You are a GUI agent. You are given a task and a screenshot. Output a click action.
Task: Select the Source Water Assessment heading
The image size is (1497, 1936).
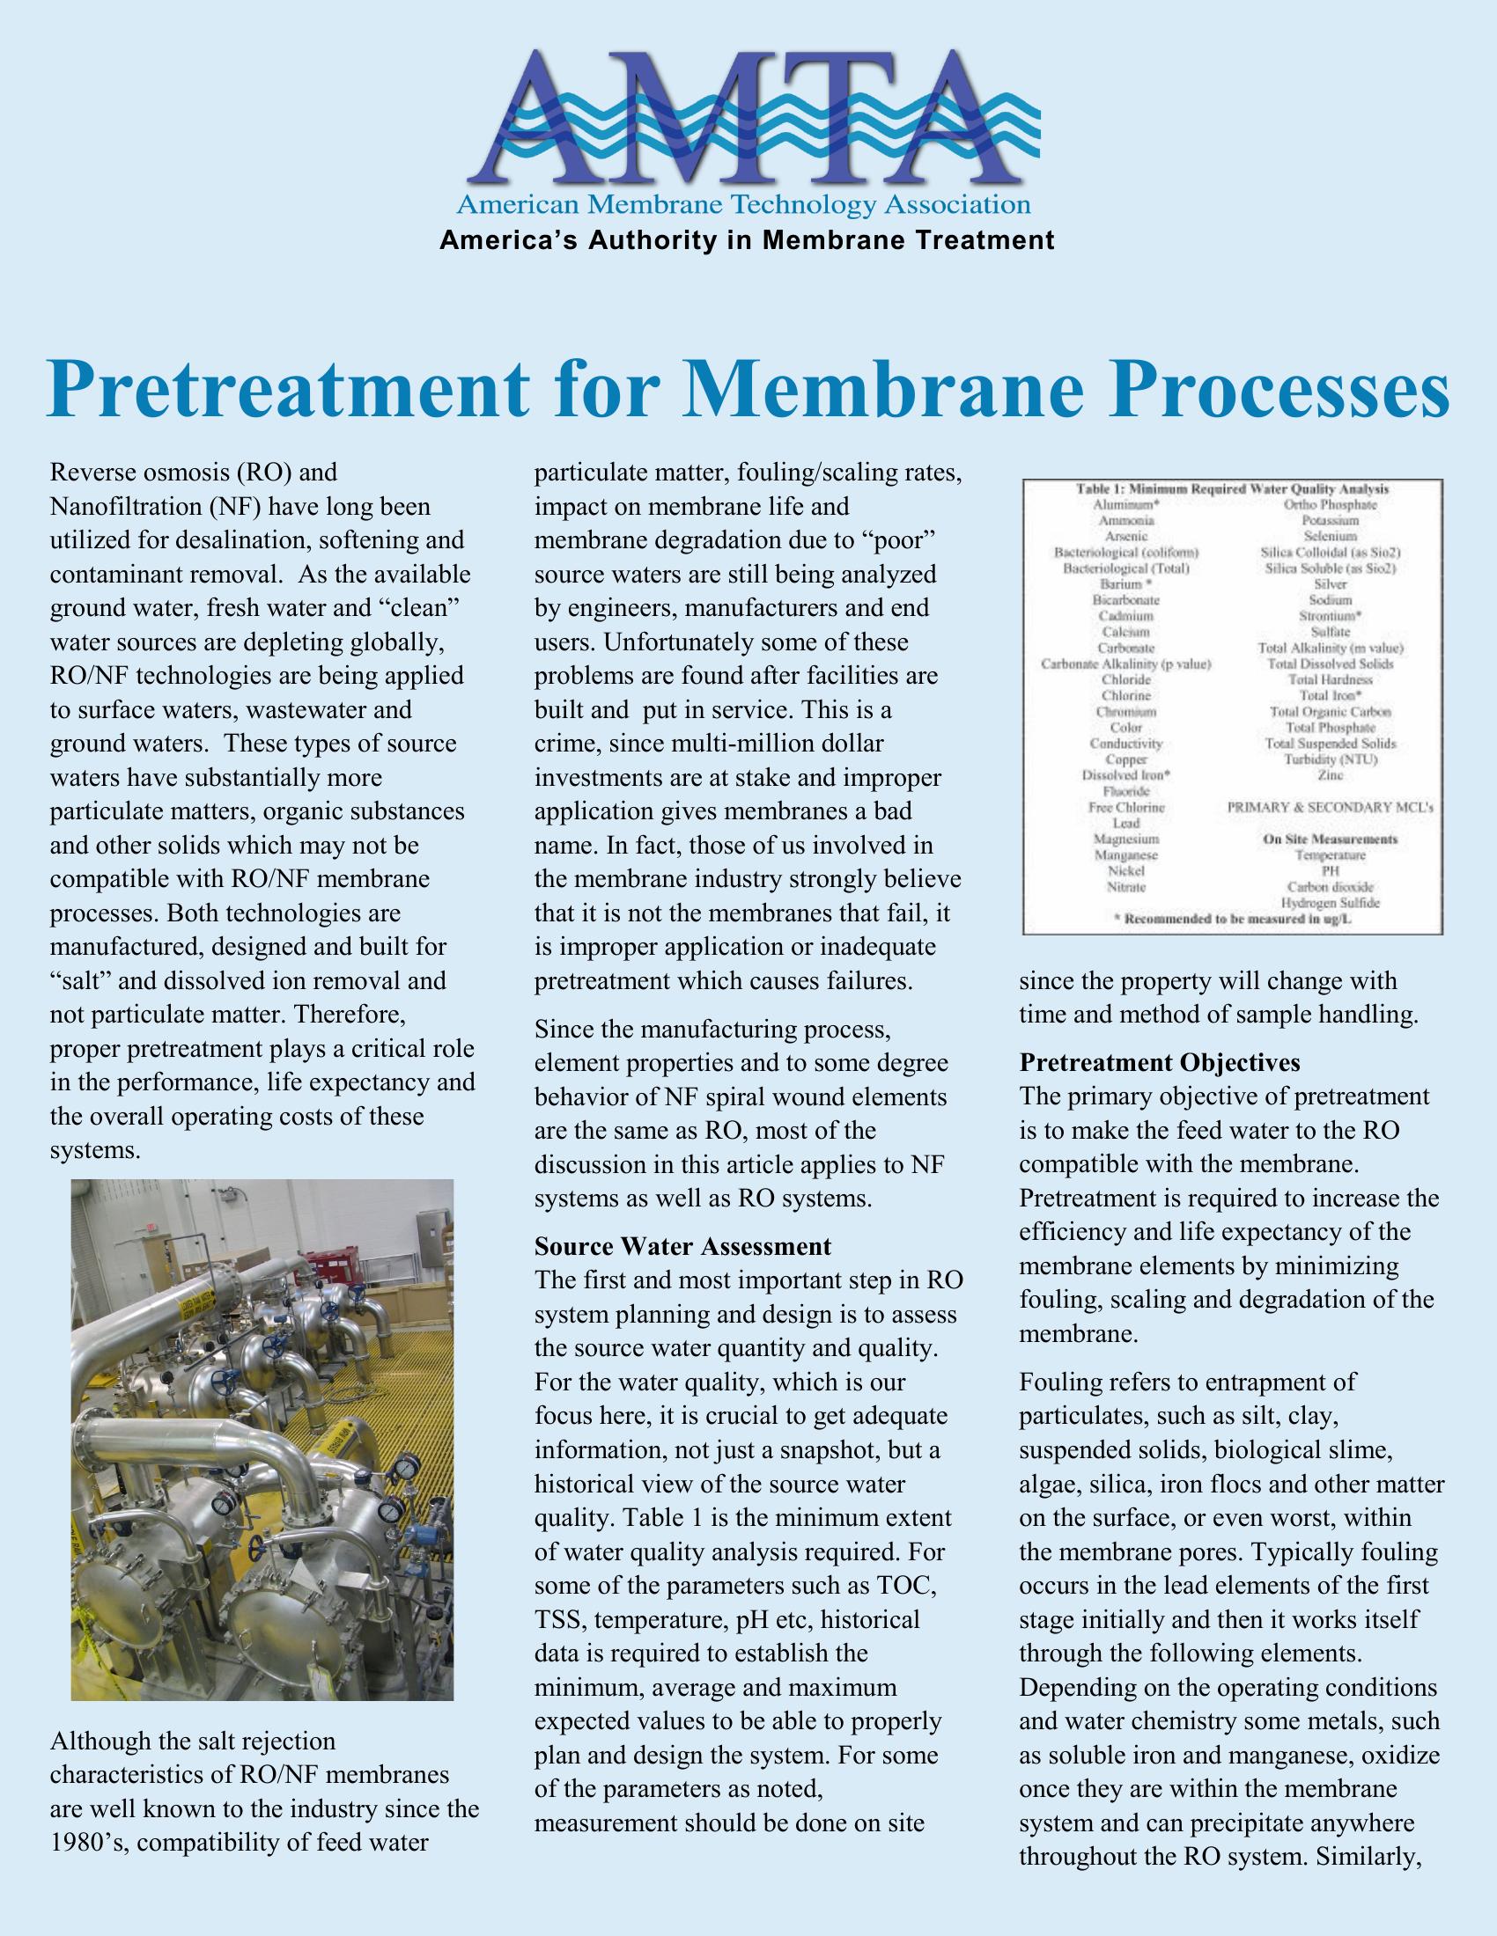(x=682, y=1246)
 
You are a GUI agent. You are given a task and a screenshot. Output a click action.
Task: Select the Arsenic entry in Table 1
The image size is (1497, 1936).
(x=1126, y=536)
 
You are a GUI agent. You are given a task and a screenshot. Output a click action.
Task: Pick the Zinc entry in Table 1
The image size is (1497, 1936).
(x=1331, y=774)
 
